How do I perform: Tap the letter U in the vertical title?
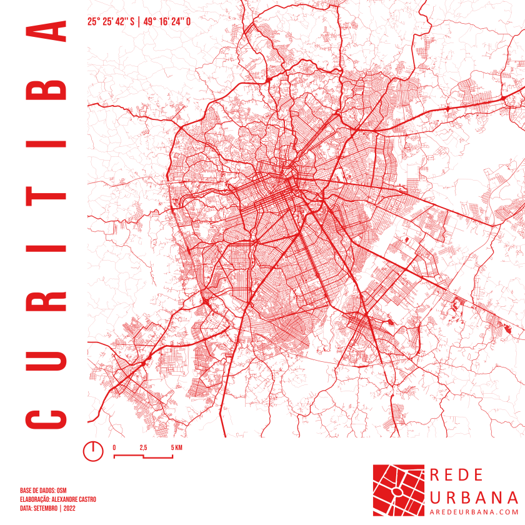[46, 359]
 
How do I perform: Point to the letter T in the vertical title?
[46, 196]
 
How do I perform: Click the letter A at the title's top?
[46, 31]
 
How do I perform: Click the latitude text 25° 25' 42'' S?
[111, 21]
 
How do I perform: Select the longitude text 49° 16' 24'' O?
[167, 21]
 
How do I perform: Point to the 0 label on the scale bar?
[114, 447]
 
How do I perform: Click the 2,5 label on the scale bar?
[143, 447]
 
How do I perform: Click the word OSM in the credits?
[62, 491]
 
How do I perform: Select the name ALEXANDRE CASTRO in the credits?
[73, 499]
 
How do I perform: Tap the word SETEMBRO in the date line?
[46, 508]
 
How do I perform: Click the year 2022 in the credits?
[69, 508]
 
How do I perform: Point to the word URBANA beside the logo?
[474, 497]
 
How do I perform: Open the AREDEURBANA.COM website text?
[474, 512]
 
